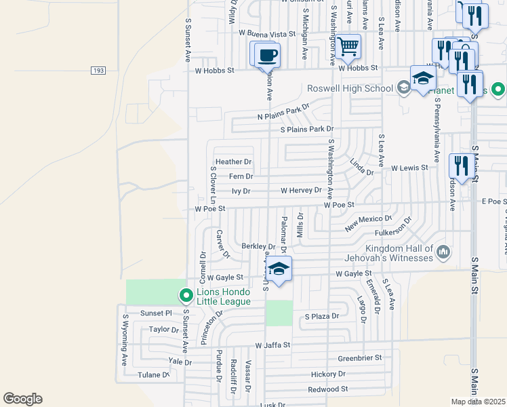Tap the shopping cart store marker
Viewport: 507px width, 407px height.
tap(348, 47)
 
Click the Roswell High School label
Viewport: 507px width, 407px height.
tap(350, 88)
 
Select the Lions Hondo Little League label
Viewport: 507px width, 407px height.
tap(224, 296)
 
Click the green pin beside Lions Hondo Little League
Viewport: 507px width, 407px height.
tap(186, 296)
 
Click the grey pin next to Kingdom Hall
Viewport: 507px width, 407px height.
tap(444, 253)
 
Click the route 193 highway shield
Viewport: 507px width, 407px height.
tap(98, 71)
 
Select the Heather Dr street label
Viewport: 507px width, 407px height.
tap(234, 162)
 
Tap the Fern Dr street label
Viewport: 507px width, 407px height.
tap(241, 176)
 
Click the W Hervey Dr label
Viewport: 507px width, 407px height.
tap(301, 191)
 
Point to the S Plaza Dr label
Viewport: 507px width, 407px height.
tap(321, 317)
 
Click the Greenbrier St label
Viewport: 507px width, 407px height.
tap(360, 357)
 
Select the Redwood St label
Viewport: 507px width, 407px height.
tap(327, 389)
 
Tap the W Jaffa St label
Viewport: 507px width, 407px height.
tap(272, 345)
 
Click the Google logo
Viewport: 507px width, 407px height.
tap(22, 399)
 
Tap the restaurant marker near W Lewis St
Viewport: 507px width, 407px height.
tap(460, 165)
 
